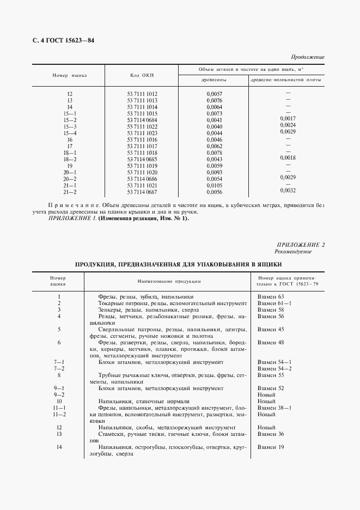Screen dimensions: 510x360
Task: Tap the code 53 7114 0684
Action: click(142, 119)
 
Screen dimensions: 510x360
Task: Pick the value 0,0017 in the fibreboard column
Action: click(288, 118)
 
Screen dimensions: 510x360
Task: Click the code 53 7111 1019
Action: click(142, 165)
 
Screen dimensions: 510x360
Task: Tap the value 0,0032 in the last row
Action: click(288, 190)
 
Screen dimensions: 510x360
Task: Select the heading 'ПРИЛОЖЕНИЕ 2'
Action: click(301, 245)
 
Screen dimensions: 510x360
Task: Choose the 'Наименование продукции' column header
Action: click(169, 281)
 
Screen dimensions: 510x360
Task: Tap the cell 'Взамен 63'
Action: click(270, 296)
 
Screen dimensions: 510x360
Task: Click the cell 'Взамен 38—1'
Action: click(274, 408)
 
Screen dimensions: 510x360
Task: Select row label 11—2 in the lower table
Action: click(59, 414)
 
